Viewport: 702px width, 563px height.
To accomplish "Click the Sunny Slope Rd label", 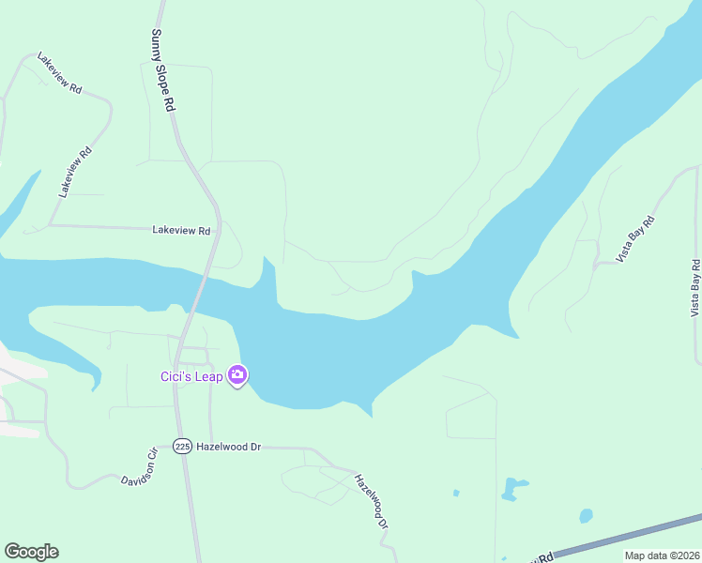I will [163, 70].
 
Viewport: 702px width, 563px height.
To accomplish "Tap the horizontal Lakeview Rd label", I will [182, 229].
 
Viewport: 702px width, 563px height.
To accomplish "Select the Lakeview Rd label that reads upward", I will [75, 172].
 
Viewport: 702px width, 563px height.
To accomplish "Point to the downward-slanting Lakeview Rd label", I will [59, 73].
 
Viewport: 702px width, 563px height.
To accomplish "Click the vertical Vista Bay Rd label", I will [694, 287].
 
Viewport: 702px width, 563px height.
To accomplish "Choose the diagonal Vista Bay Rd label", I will [634, 238].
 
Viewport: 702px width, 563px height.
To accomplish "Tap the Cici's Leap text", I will [191, 377].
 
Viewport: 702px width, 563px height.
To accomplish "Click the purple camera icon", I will [237, 376].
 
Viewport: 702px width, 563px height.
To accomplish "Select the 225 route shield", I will [182, 447].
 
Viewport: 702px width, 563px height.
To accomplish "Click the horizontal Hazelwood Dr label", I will [228, 447].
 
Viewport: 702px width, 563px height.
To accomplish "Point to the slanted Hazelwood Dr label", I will [370, 501].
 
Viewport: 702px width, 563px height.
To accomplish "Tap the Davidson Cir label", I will [137, 467].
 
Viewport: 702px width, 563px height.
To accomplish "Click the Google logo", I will [31, 552].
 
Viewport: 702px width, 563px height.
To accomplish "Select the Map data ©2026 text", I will [661, 555].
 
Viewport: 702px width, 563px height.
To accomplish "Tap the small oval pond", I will [586, 515].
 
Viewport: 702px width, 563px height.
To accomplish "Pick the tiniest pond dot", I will [456, 493].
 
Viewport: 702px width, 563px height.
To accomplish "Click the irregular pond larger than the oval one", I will [512, 487].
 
